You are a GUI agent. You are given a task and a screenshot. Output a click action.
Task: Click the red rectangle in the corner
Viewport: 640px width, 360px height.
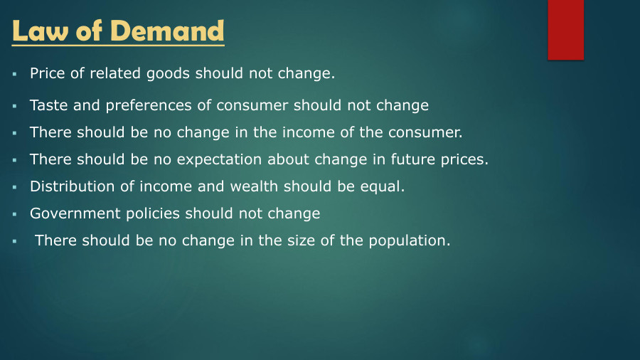pyautogui.click(x=565, y=30)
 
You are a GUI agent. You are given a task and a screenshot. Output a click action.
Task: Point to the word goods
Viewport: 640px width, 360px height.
pyautogui.click(x=169, y=73)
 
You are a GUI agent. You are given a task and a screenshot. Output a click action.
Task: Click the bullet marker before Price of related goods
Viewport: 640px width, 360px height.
pyautogui.click(x=14, y=74)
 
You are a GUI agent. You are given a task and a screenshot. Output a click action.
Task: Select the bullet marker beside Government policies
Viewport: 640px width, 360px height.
pyautogui.click(x=14, y=214)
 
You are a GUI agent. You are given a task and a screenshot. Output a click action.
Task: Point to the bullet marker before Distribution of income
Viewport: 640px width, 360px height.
pyautogui.click(x=14, y=187)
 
